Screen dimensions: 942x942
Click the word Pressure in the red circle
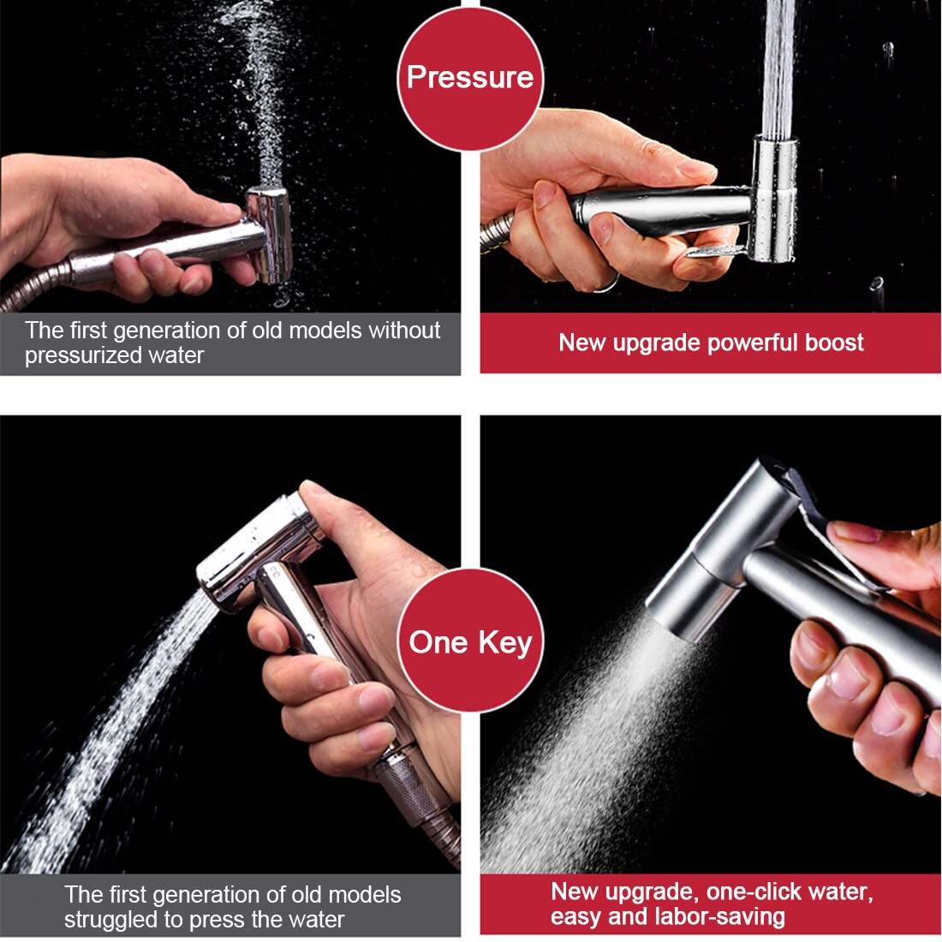pyautogui.click(x=470, y=77)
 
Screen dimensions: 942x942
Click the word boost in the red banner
pyautogui.click(x=834, y=343)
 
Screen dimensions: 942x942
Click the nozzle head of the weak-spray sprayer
pyautogui.click(x=270, y=235)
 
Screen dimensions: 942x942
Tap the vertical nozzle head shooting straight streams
pyautogui.click(x=774, y=199)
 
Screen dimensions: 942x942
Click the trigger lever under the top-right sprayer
pyautogui.click(x=717, y=250)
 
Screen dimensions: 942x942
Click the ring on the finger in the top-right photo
pyautogui.click(x=607, y=283)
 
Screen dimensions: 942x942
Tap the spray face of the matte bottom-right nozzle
pyautogui.click(x=674, y=623)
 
